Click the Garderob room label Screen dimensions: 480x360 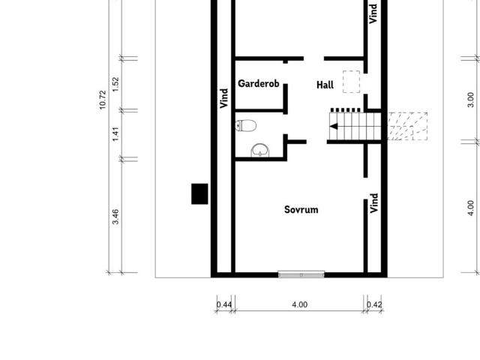[258, 83]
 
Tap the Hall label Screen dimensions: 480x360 [325, 85]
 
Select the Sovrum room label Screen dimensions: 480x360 [301, 210]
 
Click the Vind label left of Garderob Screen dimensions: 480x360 [224, 98]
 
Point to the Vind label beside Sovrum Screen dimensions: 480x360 [373, 203]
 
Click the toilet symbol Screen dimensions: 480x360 [246, 125]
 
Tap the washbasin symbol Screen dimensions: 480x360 [260, 150]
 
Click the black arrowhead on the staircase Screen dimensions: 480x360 [334, 126]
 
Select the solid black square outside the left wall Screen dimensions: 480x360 [199, 193]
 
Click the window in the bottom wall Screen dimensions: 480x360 [301, 274]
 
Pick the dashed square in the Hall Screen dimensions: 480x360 [351, 82]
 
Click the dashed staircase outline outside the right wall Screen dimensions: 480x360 [407, 127]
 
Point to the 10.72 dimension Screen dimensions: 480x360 [103, 100]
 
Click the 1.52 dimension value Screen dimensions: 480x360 [115, 84]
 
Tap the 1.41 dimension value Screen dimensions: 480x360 [115, 134]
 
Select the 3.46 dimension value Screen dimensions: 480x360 [115, 217]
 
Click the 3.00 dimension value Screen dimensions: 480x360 [471, 100]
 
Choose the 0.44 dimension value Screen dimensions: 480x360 [224, 305]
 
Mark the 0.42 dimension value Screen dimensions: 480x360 [374, 305]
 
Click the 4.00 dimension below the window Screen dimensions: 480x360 [300, 305]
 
